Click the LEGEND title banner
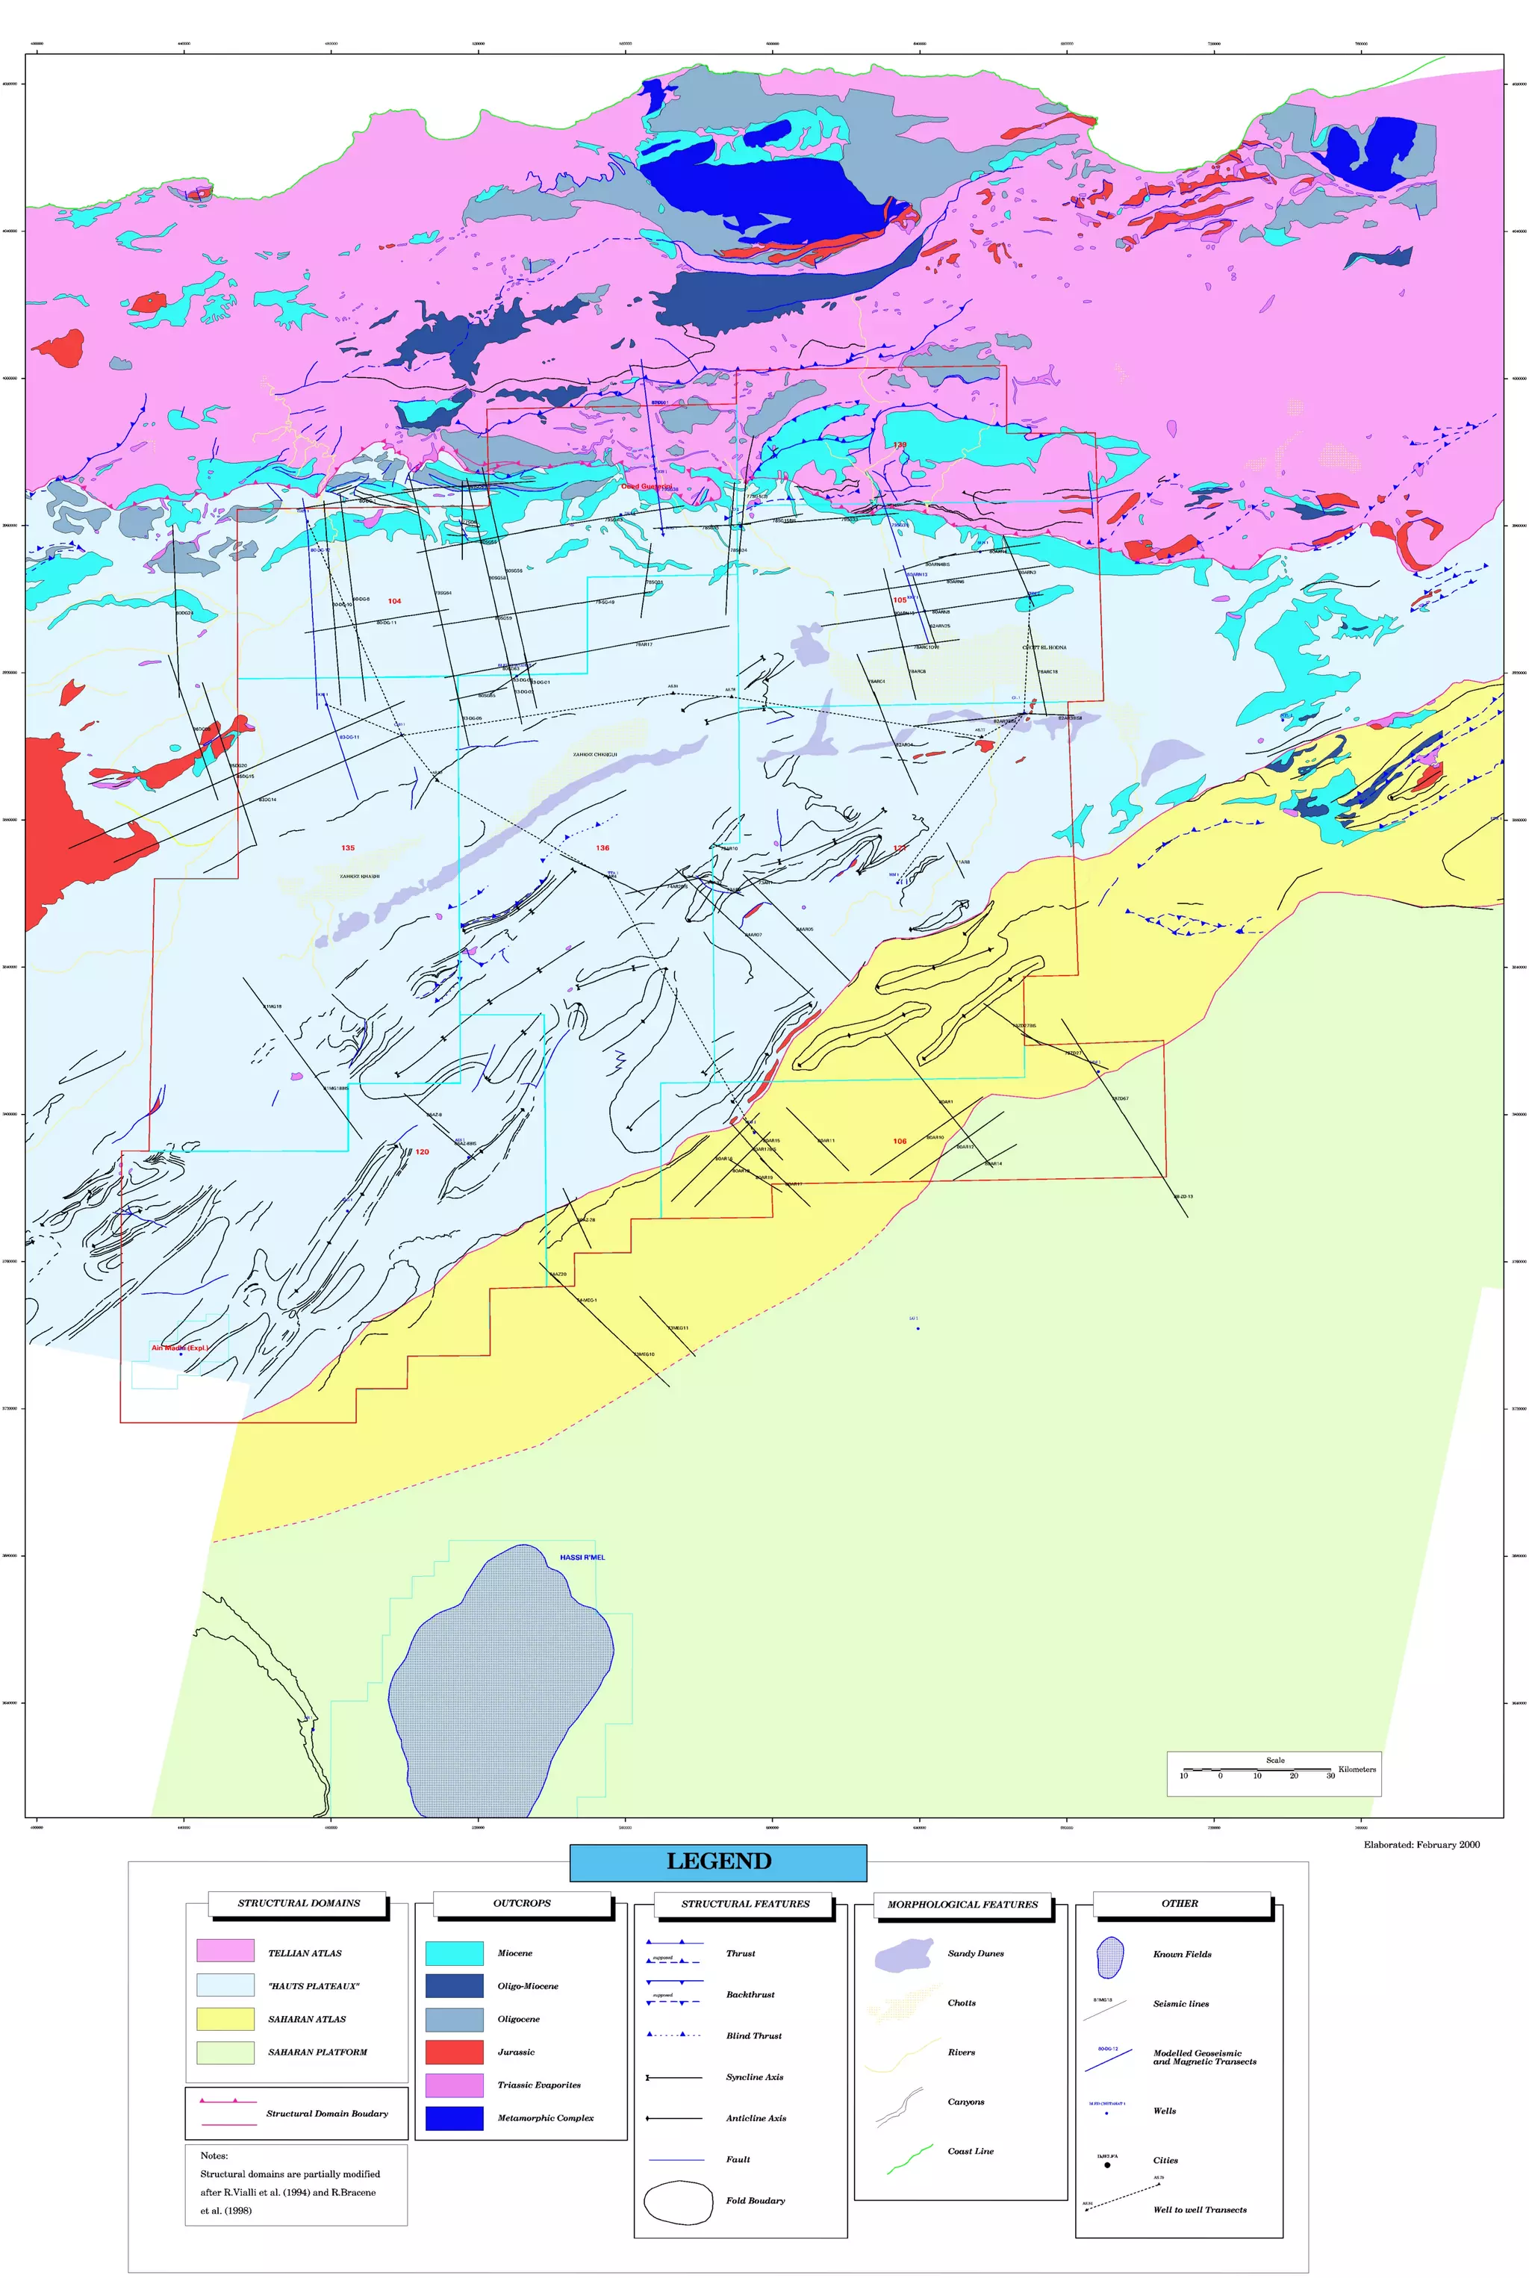717,1861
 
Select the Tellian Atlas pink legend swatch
225,1950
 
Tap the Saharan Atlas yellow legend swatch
225,2017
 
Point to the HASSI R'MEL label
582,1557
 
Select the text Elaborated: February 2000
1421,1844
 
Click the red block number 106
899,1141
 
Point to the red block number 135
348,847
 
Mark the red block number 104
394,601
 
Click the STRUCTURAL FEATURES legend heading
745,1902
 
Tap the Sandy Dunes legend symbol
904,1954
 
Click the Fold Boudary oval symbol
678,2201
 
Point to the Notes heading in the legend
214,2155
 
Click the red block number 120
423,1151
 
